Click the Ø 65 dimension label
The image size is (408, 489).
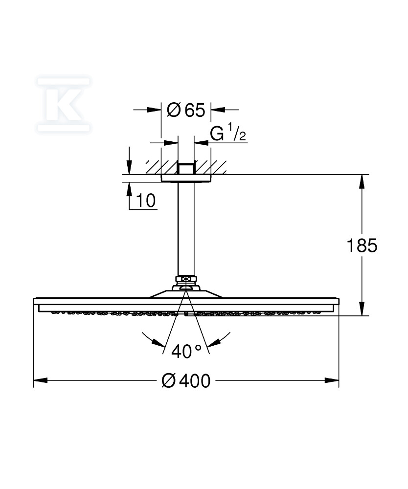point(186,110)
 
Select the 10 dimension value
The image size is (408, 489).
point(146,200)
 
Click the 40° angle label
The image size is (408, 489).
point(186,351)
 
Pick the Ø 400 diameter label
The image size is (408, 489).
point(186,381)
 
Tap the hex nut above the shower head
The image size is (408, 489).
point(186,279)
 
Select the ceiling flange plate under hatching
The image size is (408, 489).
point(186,178)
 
